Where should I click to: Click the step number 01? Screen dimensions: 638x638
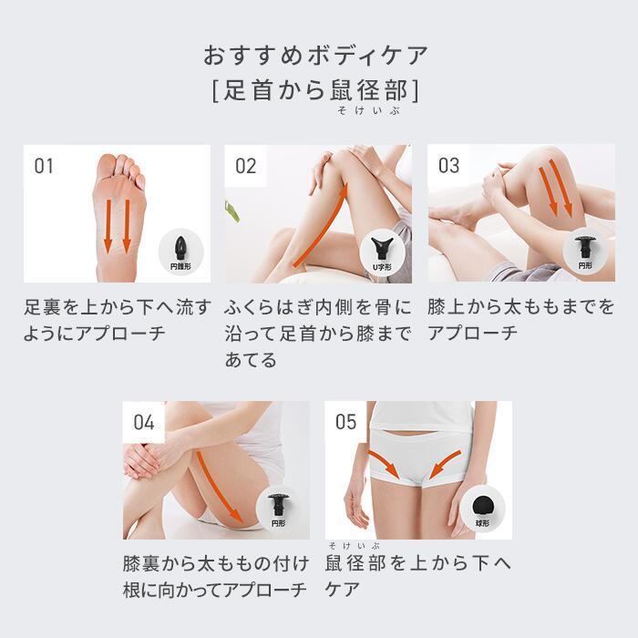tap(44, 166)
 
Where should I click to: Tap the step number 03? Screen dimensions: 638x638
tap(448, 166)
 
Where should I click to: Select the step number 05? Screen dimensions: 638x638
tap(346, 421)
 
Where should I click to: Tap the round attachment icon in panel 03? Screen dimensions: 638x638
tap(585, 246)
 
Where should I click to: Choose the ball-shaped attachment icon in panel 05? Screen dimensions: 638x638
tap(483, 503)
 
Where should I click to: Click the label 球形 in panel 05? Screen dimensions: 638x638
tap(483, 524)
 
